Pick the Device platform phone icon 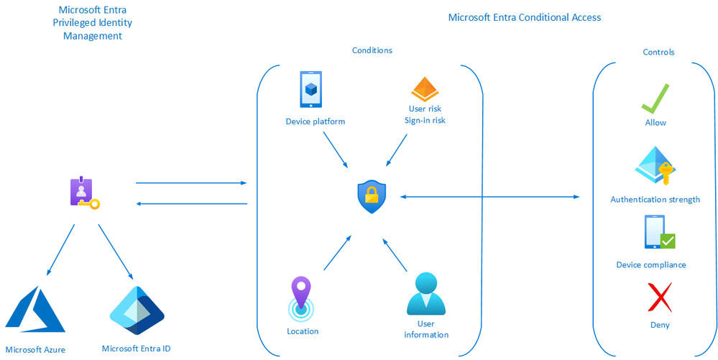tap(310, 90)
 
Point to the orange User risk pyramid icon tap(424, 89)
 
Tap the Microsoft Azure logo tap(35, 310)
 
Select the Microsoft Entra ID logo tap(137, 311)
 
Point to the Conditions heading tap(372, 50)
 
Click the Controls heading tap(658, 52)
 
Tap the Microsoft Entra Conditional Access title tap(524, 17)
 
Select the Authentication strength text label tap(655, 199)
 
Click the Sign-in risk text tap(425, 121)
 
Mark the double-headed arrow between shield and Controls tap(489, 196)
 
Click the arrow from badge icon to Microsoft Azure tap(60, 250)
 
